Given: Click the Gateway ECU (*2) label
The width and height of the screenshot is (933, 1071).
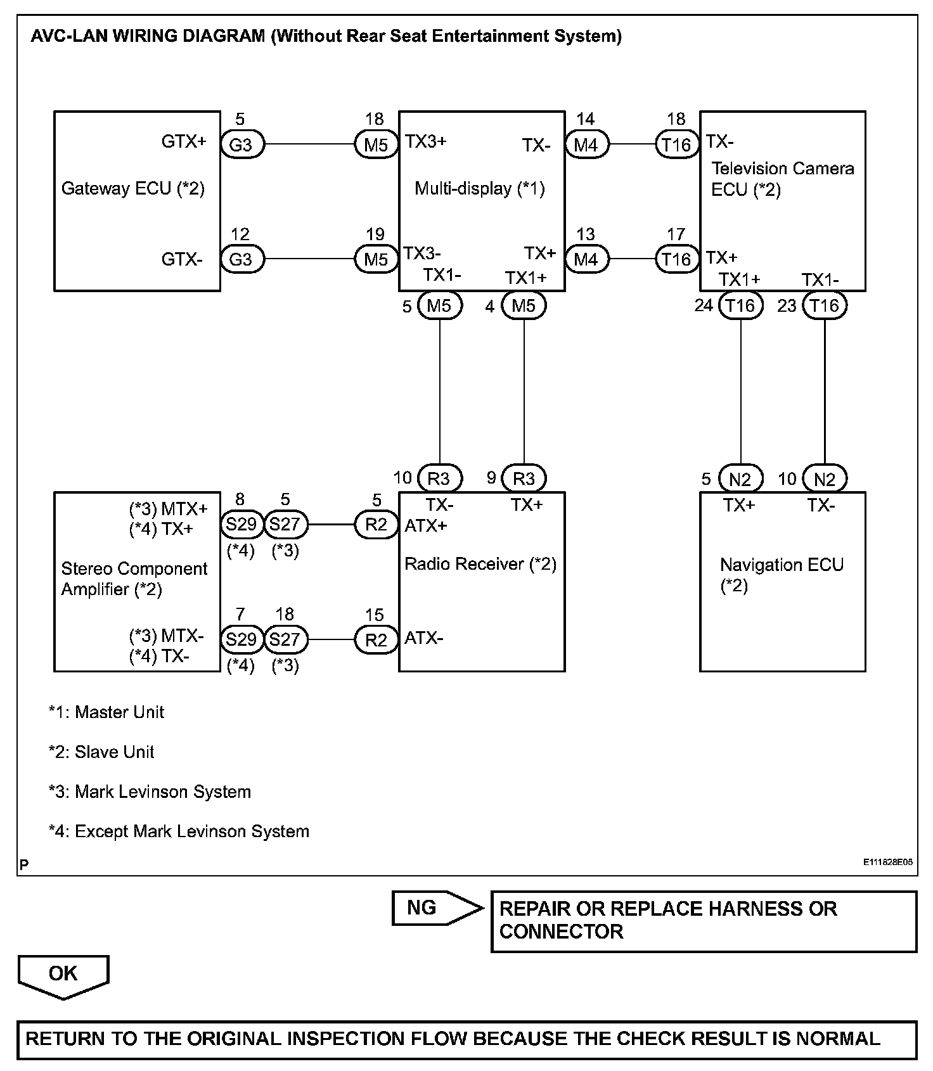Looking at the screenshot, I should [x=132, y=188].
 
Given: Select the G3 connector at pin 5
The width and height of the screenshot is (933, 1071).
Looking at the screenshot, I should [x=241, y=145].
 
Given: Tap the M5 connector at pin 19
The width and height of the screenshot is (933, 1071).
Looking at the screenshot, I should [x=376, y=260].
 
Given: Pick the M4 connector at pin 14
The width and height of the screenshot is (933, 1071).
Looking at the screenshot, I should [x=586, y=145].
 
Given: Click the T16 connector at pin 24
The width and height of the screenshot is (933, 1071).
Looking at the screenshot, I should [x=740, y=306].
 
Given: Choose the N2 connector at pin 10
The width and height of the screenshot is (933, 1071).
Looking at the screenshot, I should [x=824, y=479].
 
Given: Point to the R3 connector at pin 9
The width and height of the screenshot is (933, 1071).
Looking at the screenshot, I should [x=524, y=478].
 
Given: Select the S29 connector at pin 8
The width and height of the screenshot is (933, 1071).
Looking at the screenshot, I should [x=241, y=525].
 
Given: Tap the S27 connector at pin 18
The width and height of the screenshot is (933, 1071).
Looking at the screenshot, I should [x=285, y=639].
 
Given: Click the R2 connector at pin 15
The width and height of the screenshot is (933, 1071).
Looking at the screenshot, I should [x=376, y=640].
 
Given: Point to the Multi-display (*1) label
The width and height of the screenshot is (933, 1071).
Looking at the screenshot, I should [x=480, y=188].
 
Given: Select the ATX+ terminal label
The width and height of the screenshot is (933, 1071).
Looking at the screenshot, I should [x=426, y=525].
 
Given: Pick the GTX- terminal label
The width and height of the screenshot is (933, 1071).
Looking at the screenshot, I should [x=183, y=259].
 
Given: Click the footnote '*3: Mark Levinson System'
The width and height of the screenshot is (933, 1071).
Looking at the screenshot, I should [x=150, y=792].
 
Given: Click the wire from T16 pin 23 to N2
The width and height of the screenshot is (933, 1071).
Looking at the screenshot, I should [x=824, y=393].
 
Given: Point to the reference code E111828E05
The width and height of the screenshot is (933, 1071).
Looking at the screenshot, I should [x=887, y=863].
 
